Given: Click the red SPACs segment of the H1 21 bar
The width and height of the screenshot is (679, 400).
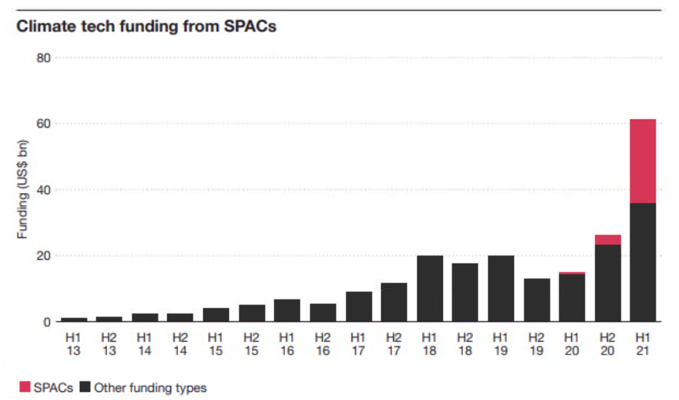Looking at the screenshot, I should [643, 161].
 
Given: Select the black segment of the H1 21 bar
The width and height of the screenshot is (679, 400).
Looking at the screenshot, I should [643, 262].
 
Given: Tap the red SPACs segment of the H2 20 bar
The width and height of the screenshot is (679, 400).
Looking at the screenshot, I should [607, 240].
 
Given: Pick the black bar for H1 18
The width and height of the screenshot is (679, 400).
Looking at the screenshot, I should [429, 289].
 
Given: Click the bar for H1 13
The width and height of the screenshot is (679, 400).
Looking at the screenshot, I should [74, 319].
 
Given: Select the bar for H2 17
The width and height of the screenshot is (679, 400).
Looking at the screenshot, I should [394, 302].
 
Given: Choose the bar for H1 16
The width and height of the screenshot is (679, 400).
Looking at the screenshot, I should [287, 310].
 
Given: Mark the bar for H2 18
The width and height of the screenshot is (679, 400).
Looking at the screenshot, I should [465, 292].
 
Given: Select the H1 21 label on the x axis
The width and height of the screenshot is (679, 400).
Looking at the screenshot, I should [643, 343].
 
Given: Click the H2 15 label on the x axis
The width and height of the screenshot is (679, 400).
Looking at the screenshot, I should [252, 343].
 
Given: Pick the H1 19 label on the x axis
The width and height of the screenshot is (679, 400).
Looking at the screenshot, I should [501, 343].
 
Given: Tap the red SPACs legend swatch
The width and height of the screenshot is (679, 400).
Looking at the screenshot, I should [25, 387].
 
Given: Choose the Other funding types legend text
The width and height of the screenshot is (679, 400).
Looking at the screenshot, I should [150, 387].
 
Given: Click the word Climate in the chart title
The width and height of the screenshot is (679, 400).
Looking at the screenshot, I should [42, 27].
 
